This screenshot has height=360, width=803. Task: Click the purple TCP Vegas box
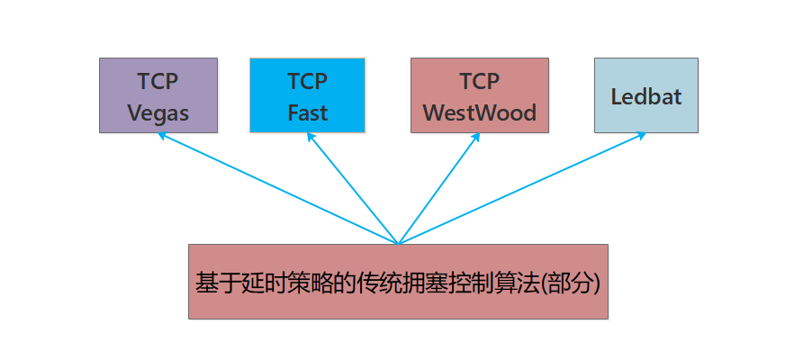point(158,95)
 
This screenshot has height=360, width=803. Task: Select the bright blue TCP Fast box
point(307,95)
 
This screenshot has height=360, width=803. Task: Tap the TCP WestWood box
point(479,95)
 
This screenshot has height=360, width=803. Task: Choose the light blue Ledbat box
point(645,95)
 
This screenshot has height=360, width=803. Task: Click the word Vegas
point(158,113)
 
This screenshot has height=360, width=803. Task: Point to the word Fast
point(307,113)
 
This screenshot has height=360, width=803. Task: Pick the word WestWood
point(479,113)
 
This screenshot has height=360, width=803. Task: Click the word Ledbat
point(645,97)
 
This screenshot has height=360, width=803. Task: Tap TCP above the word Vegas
point(158,81)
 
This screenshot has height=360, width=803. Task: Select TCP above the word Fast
point(307,81)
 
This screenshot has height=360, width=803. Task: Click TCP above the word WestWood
point(479,81)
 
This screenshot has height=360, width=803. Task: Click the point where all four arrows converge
point(398,243)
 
